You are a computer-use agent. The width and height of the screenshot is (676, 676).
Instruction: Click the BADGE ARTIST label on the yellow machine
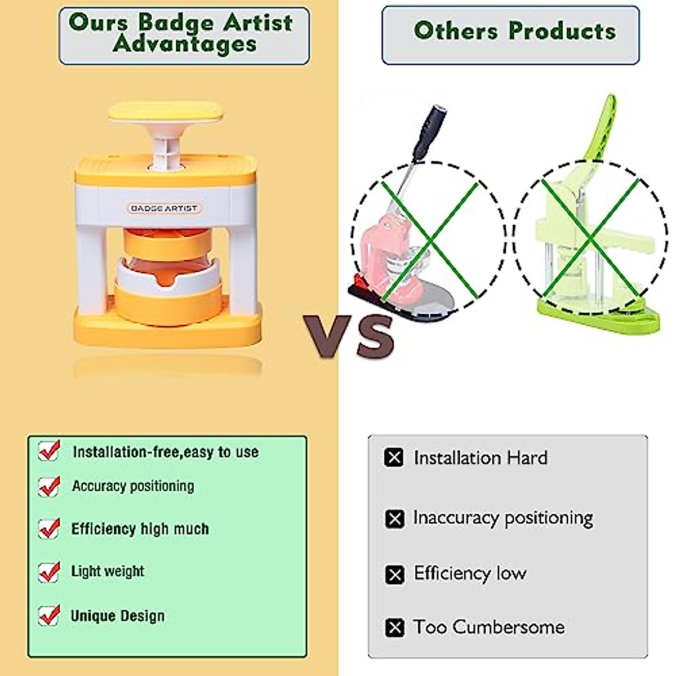(164, 208)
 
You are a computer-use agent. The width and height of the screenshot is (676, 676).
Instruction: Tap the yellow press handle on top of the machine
(166, 113)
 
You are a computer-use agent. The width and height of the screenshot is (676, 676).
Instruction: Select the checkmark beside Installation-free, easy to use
(49, 451)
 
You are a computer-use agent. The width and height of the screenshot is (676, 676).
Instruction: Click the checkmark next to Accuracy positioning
(49, 487)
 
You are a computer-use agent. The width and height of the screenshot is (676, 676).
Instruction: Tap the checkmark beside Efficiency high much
(49, 528)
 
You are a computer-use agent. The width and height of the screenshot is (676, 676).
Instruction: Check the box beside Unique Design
(49, 616)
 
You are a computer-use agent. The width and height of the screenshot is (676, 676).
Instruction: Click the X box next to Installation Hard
(394, 457)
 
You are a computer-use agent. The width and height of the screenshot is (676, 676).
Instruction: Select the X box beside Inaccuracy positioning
(395, 519)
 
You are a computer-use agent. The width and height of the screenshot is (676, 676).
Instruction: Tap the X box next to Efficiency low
(395, 575)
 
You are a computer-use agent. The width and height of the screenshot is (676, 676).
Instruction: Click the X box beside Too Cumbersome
(395, 628)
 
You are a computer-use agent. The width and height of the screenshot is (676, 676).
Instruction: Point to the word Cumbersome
(509, 627)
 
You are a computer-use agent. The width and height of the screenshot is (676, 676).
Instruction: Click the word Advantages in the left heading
(185, 45)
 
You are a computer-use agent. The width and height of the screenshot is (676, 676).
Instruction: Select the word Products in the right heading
(562, 31)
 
